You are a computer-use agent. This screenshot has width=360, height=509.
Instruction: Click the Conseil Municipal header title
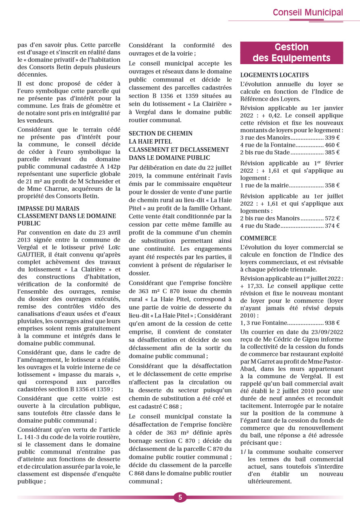point(308,13)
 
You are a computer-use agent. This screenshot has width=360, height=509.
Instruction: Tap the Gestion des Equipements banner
point(291,53)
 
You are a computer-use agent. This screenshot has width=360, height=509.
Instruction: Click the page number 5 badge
point(180,497)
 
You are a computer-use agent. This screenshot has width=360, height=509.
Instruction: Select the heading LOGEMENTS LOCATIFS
point(274,75)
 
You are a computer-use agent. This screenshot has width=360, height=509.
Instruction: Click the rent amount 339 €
point(332,138)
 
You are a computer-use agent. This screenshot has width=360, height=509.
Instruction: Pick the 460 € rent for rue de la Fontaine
point(332,145)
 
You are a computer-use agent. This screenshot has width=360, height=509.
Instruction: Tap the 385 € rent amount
point(332,152)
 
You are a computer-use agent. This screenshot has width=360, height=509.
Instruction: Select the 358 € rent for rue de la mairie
point(332,186)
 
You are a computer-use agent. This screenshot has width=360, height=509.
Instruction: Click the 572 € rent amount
point(332,218)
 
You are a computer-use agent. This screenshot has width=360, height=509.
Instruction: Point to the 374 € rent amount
point(332,226)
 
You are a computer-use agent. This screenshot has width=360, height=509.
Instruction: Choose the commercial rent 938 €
point(332,323)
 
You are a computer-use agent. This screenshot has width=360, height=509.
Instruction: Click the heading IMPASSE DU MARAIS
point(48,209)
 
